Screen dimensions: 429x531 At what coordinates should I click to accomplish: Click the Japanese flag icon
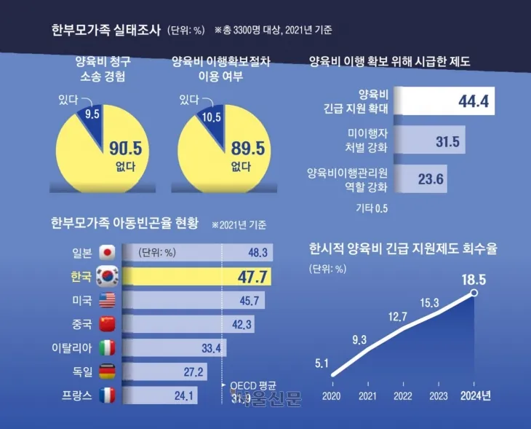coord(107,253)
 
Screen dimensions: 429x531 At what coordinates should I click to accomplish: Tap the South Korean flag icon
coord(107,277)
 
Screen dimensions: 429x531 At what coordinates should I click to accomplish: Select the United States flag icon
coord(107,300)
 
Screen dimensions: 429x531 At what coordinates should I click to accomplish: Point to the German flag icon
coord(107,371)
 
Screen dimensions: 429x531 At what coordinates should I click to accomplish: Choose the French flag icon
coord(107,395)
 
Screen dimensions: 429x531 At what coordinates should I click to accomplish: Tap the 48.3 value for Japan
coord(239,253)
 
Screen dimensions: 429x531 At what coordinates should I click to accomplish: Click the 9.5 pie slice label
coord(92,114)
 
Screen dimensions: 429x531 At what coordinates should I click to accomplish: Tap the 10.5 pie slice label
coord(211,116)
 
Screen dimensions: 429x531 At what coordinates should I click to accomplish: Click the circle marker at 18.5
coord(474,293)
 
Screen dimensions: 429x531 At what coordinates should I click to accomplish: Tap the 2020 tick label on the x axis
coord(331,395)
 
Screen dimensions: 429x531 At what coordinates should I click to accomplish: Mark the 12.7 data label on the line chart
coord(397,315)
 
